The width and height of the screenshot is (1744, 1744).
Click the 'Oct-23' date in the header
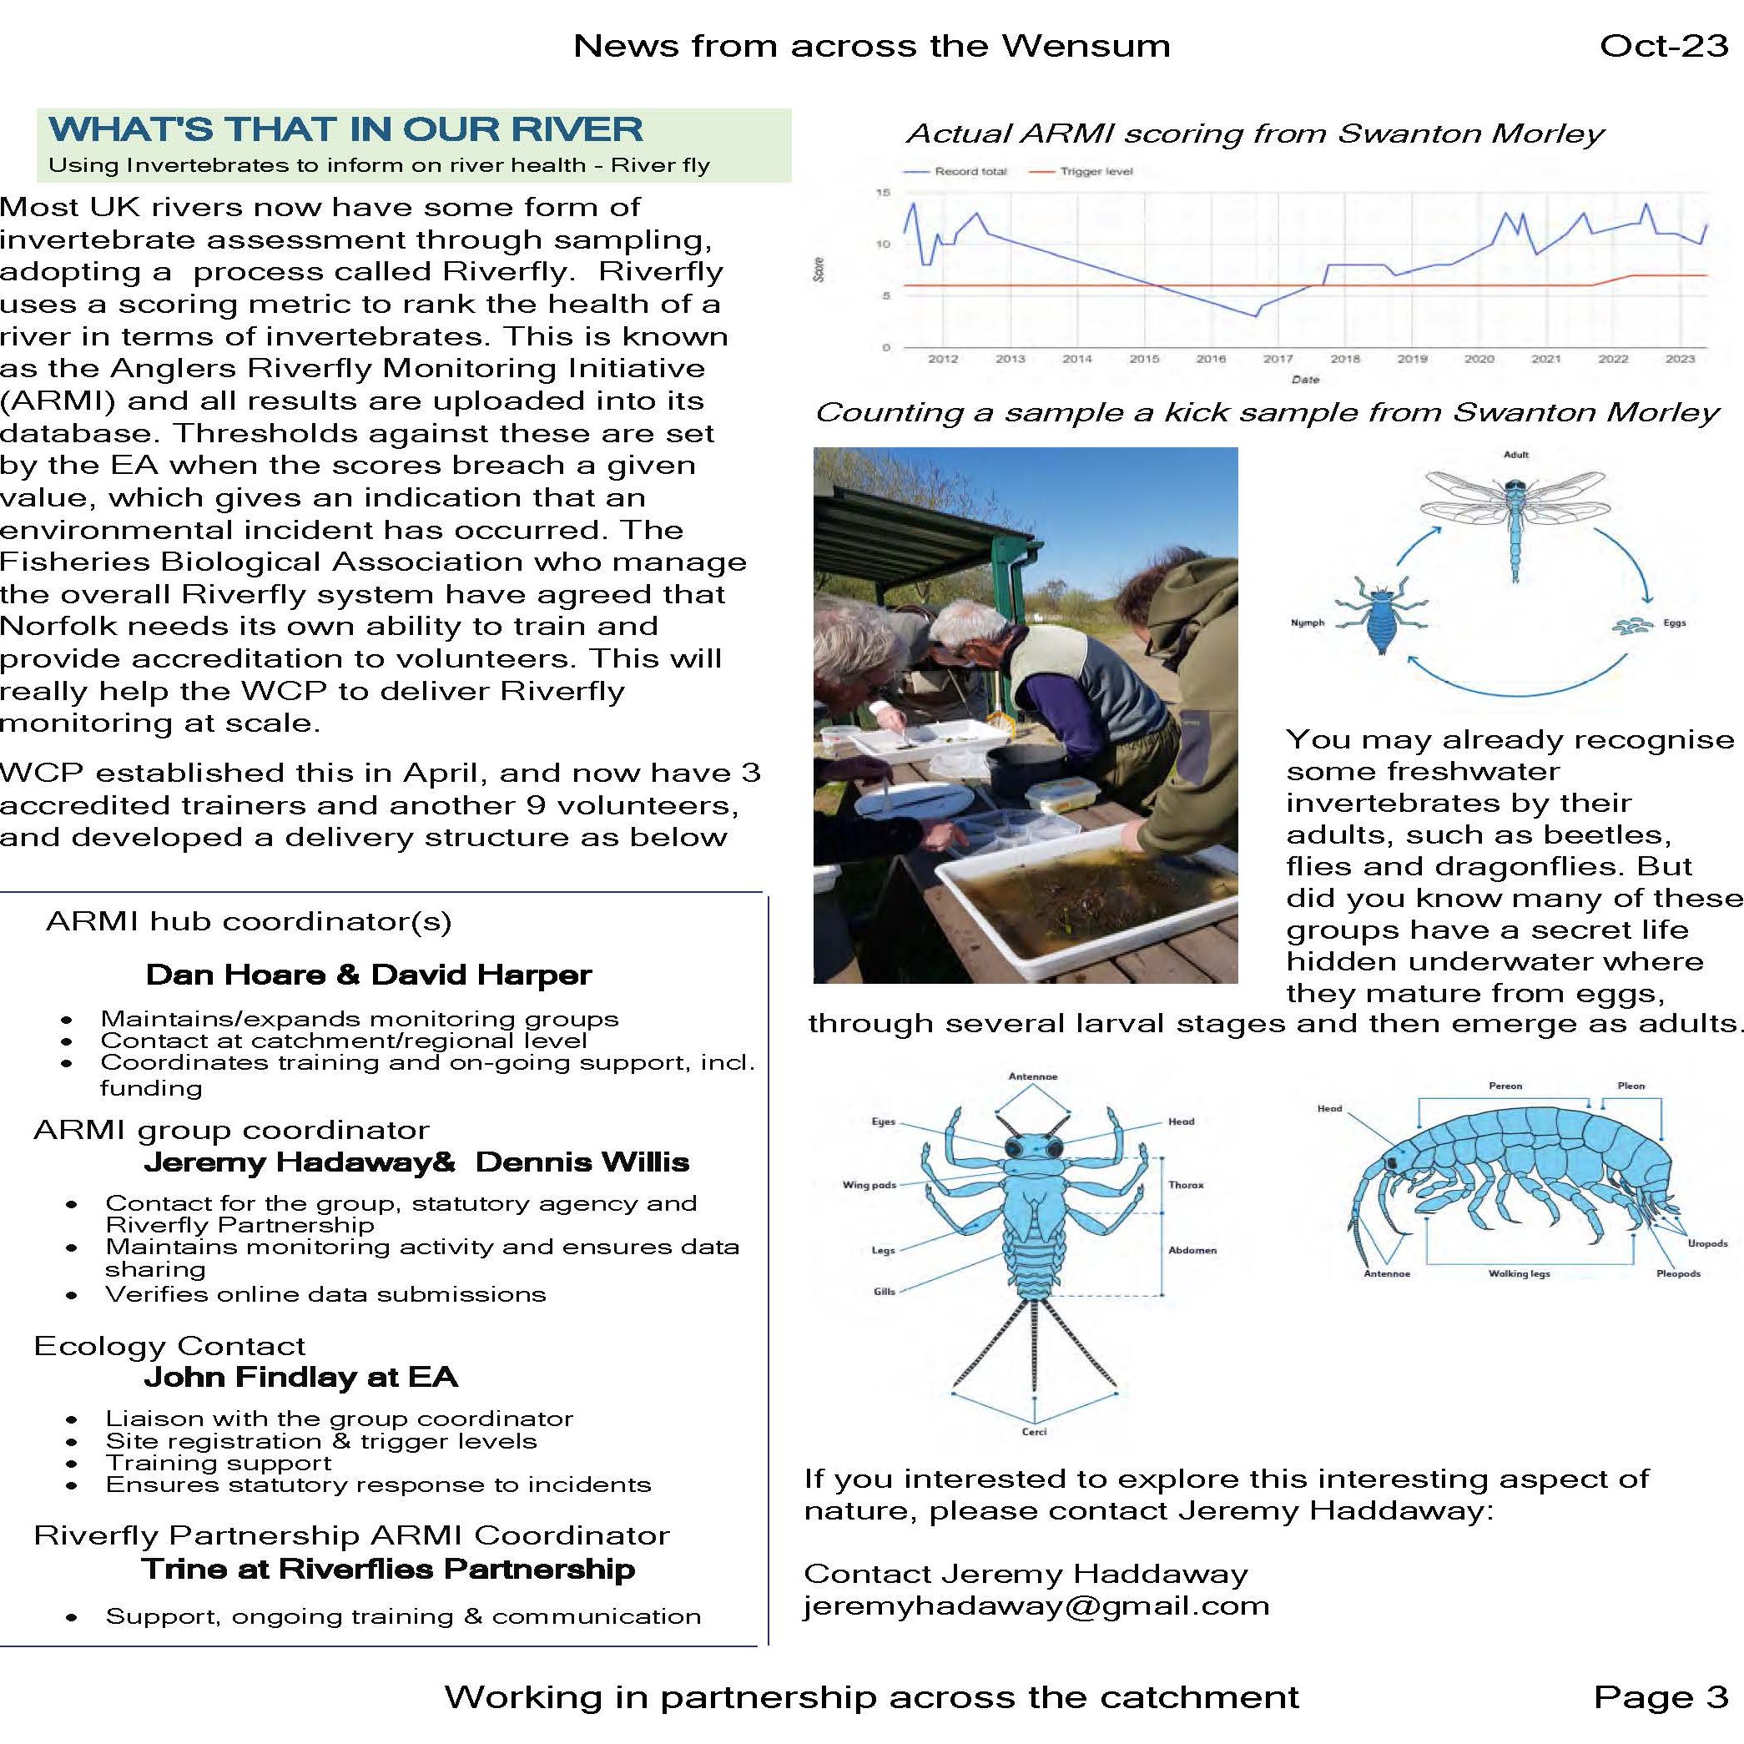1663,45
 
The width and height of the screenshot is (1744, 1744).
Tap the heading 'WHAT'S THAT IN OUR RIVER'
345,129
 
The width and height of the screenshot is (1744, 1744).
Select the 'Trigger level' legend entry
1096,172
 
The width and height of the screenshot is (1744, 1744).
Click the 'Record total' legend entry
970,172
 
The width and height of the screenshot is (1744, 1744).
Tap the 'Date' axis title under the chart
1305,379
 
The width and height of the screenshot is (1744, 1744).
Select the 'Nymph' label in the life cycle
1307,622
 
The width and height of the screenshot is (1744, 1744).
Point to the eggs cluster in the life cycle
1631,625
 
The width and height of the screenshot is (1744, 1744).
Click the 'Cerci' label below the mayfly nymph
1034,1432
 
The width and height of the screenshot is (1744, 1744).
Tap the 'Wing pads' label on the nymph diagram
869,1185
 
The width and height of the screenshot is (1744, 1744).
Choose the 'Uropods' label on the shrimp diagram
1707,1243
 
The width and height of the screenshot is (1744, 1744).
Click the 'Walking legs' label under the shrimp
1520,1273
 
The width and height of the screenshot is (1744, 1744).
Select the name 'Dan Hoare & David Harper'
368,975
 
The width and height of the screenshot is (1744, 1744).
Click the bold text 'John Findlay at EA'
300,1377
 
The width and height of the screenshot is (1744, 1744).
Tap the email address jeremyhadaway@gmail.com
1036,1605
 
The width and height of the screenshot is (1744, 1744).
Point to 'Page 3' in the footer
1661,1697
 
